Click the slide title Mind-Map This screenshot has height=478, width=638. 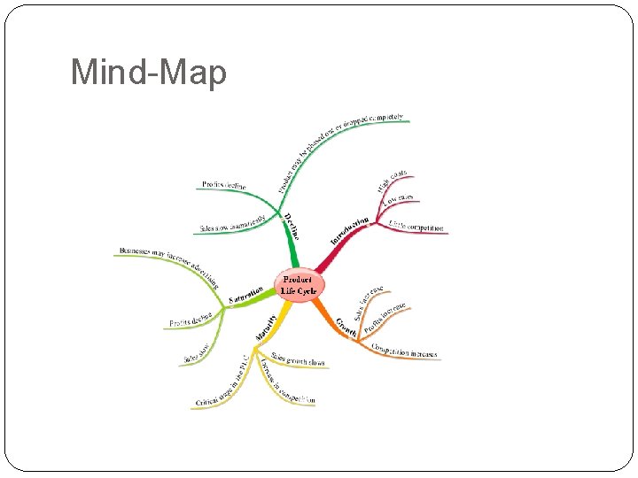[x=148, y=73]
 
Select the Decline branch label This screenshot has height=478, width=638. [x=292, y=227]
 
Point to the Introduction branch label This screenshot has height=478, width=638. [x=349, y=231]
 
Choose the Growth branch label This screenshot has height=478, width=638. [x=346, y=327]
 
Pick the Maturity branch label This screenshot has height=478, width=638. [x=266, y=327]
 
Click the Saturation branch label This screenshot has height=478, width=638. [x=245, y=295]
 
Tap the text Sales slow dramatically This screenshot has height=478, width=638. [x=234, y=222]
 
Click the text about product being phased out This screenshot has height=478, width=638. [x=341, y=151]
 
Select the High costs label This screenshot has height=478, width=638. [x=392, y=181]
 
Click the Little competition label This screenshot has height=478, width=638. [x=416, y=227]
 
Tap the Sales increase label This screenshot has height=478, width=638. [x=370, y=302]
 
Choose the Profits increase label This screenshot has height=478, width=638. [x=384, y=318]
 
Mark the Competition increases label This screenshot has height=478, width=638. [x=404, y=351]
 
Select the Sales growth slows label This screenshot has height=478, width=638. [x=298, y=358]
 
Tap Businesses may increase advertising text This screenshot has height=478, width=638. [x=168, y=266]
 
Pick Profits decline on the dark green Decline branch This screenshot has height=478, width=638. [x=223, y=185]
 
